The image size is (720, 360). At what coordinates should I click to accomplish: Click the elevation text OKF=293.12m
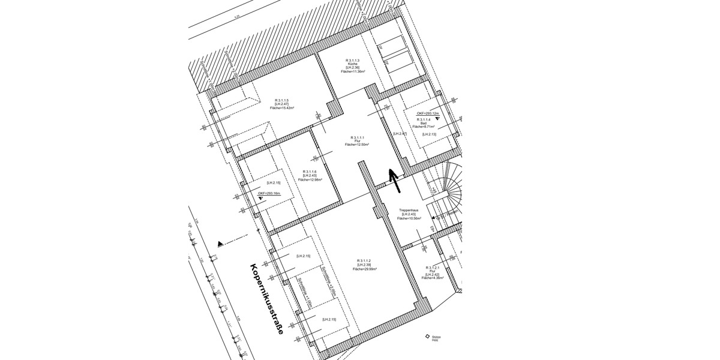[x=428, y=113]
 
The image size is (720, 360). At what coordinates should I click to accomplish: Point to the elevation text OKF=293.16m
[x=269, y=193]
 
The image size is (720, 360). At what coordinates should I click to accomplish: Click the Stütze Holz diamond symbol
[x=427, y=337]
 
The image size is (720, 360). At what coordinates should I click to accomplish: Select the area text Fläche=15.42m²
[x=281, y=108]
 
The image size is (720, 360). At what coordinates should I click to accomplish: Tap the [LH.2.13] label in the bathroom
[x=429, y=134]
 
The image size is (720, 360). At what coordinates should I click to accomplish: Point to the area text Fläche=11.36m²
[x=352, y=71]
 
